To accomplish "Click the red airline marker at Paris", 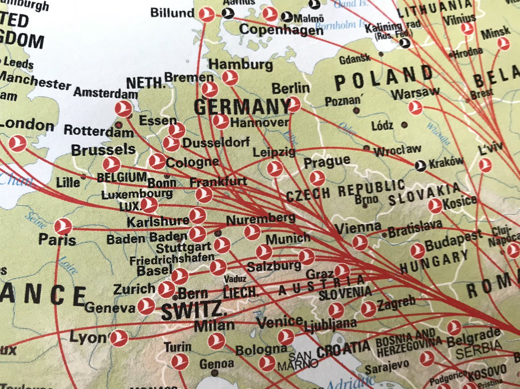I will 63,227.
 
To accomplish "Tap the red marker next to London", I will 18,143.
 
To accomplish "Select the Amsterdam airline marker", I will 124,109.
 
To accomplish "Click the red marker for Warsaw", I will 416,107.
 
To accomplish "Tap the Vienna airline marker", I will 360,242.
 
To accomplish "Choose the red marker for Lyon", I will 119,338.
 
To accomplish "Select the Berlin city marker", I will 293,104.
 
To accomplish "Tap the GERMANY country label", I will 242,107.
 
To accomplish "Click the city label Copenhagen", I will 281,30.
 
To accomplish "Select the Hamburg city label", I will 240,65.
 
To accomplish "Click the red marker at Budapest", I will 418,251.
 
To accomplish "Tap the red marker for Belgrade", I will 454,328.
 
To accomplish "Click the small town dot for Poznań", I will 356,110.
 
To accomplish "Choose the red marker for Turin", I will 179,361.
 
